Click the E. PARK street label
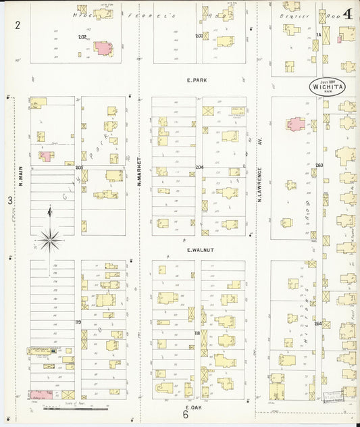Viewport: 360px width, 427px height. point(197,80)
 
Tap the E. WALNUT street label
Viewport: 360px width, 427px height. point(200,250)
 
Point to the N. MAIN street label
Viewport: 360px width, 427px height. point(21,176)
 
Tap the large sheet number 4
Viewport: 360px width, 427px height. point(347,14)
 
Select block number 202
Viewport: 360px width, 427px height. point(82,36)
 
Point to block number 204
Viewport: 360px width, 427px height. point(199,166)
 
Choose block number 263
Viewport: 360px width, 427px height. point(319,166)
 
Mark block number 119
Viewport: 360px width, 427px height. point(78,323)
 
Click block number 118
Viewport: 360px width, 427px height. point(197,332)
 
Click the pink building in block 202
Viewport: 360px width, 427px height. point(103,48)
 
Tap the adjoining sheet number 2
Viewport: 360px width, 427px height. point(18,25)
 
